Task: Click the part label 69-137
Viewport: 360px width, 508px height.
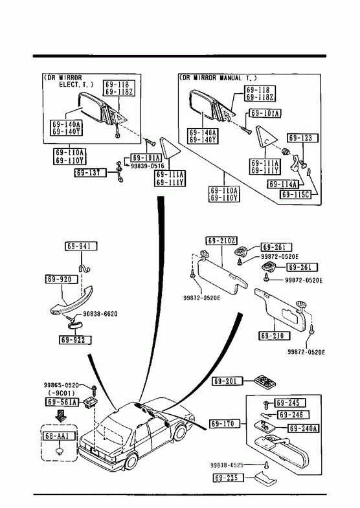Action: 90,173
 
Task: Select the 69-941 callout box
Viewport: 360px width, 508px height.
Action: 82,246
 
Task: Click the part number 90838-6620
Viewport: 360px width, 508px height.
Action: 100,314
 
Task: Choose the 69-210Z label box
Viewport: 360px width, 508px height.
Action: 222,241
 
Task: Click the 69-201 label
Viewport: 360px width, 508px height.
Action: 228,381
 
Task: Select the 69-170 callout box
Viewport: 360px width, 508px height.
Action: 225,424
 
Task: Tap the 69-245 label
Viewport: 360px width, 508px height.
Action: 289,403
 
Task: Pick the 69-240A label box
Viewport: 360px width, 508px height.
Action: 304,428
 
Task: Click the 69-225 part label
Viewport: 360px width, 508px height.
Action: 229,478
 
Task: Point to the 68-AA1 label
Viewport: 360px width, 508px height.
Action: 60,436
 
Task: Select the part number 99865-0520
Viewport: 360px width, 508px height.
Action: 62,385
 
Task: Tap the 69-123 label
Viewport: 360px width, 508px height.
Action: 300,138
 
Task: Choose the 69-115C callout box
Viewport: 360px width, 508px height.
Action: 295,194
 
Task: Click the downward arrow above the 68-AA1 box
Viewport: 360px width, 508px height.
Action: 61,415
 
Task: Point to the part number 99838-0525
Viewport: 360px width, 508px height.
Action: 227,465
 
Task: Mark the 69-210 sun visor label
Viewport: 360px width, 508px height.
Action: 274,336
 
